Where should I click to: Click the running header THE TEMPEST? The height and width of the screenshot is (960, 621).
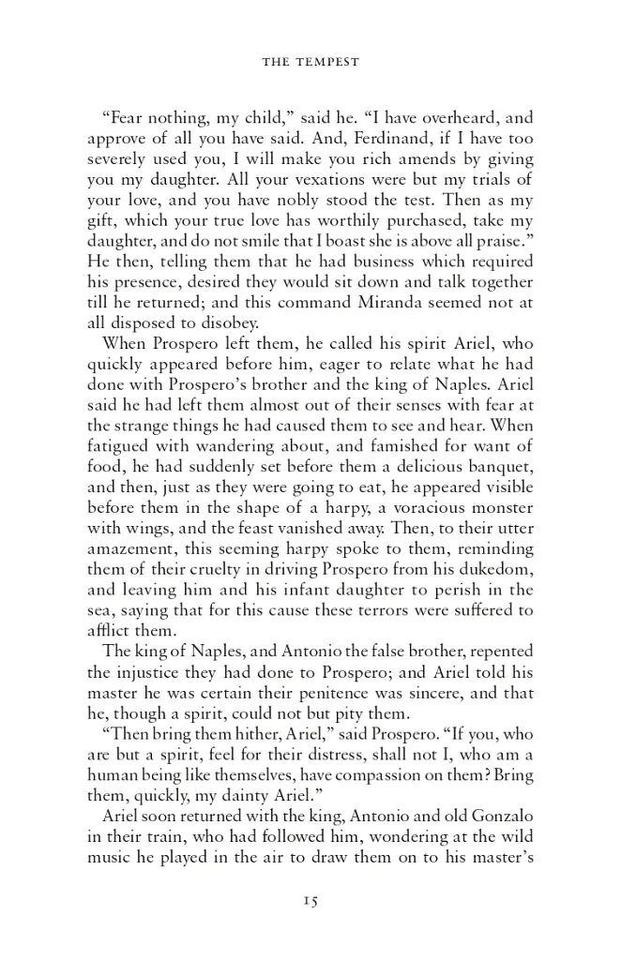(310, 63)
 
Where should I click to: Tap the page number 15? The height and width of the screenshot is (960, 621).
(310, 901)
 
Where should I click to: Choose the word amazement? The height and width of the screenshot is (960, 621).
(137, 548)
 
